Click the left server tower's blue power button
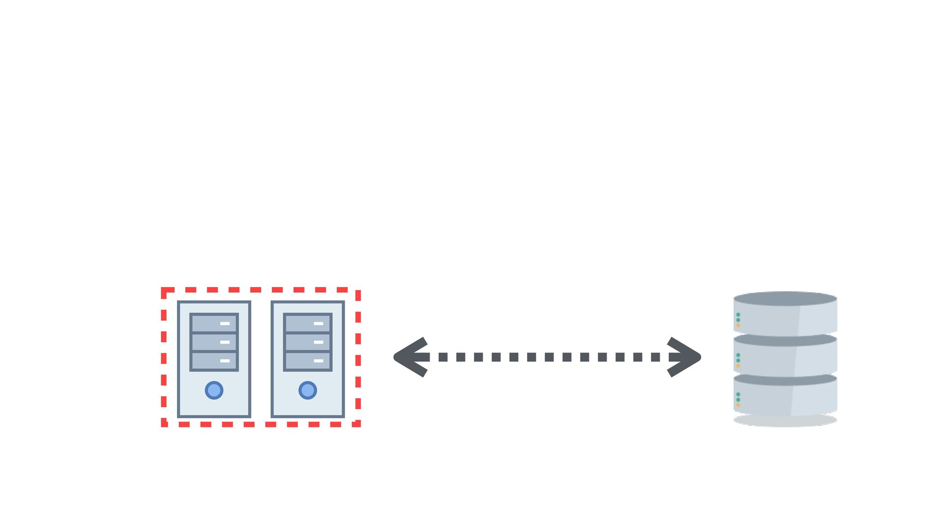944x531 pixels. pos(214,390)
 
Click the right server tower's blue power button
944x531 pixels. pos(308,390)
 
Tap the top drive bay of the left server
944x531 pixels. pos(214,324)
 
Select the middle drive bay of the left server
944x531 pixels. pos(214,342)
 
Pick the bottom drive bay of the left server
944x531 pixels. pos(214,361)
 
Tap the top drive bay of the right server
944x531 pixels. pos(308,324)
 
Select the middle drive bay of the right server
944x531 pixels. pos(308,342)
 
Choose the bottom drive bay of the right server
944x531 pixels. pos(308,361)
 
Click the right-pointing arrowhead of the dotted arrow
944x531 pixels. pos(685,357)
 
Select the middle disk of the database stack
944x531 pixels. pos(785,358)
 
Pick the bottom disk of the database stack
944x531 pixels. pos(785,397)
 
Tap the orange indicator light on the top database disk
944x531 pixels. pos(738,325)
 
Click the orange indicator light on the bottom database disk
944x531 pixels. pos(738,405)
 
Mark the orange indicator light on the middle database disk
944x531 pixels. pos(738,366)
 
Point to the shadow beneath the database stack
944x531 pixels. pos(785,421)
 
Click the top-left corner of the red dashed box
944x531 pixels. pos(164,291)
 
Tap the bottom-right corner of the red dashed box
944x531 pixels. pos(358,424)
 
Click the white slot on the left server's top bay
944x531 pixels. pos(225,324)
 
